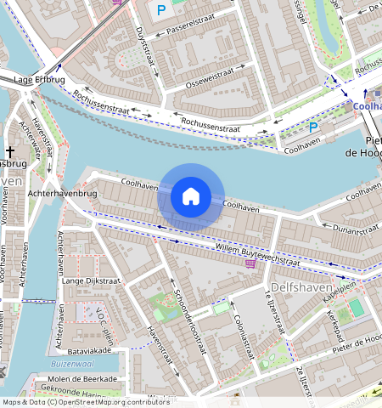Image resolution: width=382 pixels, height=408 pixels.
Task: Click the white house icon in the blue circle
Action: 191,197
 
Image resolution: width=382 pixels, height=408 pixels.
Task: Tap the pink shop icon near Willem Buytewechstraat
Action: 250,264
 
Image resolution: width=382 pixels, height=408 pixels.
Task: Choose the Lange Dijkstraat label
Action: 88,280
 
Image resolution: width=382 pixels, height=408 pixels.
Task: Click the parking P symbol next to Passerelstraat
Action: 161,10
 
